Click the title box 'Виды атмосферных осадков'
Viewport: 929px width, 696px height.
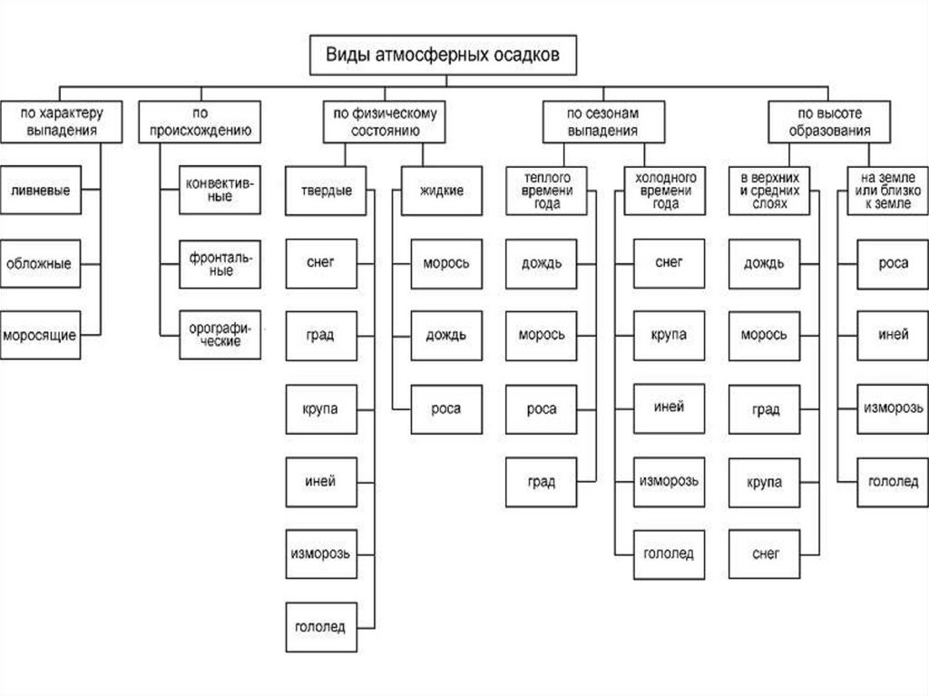(x=444, y=54)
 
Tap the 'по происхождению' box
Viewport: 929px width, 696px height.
(x=200, y=122)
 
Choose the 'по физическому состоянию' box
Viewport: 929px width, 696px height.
(x=385, y=122)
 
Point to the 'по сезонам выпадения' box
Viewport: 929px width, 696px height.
(x=603, y=122)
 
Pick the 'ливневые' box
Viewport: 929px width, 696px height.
(x=40, y=191)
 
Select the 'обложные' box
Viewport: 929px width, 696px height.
(x=40, y=264)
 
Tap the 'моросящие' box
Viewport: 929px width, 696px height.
(x=40, y=335)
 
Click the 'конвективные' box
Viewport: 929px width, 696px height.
(x=220, y=190)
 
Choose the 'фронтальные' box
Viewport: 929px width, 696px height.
(x=220, y=263)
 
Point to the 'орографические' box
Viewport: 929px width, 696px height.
(x=220, y=334)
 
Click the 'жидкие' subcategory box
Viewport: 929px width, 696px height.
(x=442, y=191)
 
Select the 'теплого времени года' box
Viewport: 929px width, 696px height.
(x=541, y=191)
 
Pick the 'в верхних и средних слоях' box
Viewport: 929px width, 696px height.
(x=765, y=191)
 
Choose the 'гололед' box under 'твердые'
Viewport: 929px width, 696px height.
(x=320, y=626)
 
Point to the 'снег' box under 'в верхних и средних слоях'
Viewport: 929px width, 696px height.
(x=765, y=553)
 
